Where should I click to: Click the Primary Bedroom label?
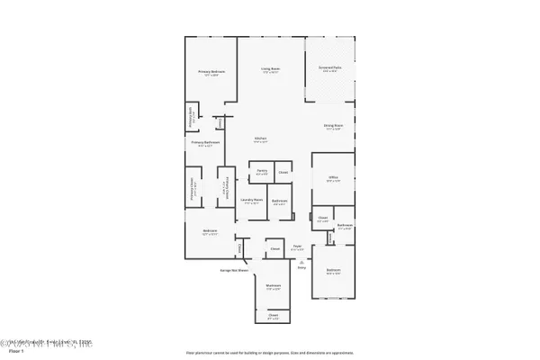(210, 71)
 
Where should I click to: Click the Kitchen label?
(261, 139)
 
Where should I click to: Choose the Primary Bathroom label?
(205, 142)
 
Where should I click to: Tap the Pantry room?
(261, 171)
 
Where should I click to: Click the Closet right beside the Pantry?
(283, 171)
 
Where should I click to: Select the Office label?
(333, 180)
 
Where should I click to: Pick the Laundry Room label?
(253, 201)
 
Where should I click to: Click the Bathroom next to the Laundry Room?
(280, 202)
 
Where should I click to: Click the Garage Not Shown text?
(234, 269)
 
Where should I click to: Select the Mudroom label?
(273, 287)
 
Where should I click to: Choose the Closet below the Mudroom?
(273, 315)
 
